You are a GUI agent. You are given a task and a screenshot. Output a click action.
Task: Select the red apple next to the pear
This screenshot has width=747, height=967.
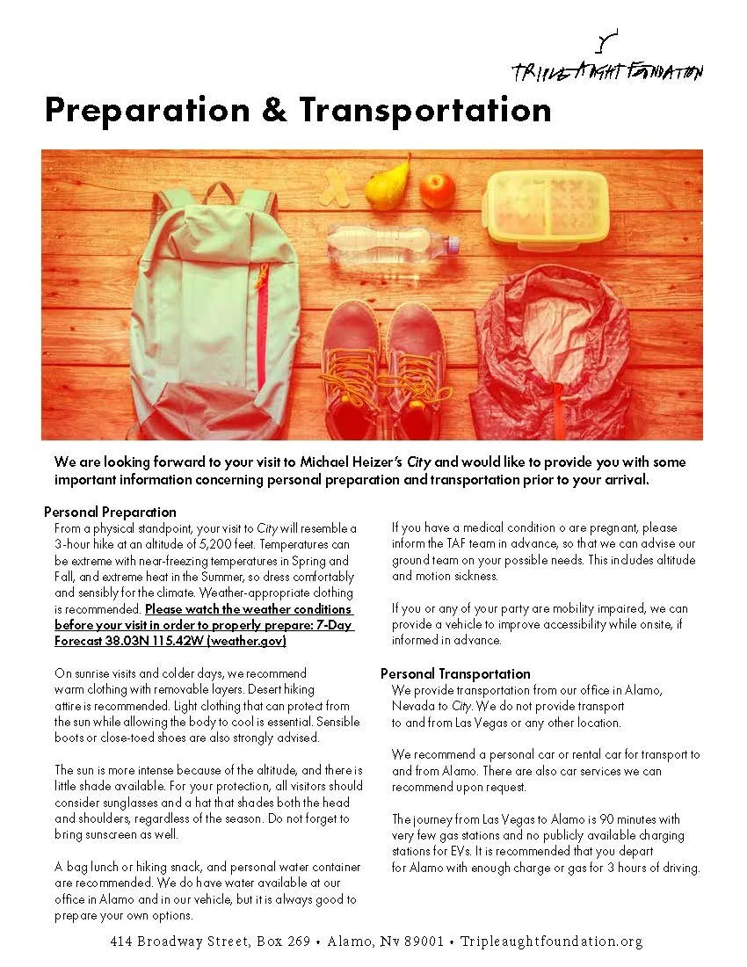(x=437, y=190)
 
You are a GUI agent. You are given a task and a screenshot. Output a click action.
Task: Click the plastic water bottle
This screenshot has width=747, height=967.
(x=391, y=242)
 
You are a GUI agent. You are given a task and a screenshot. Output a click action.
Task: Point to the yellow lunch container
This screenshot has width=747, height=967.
(x=548, y=206)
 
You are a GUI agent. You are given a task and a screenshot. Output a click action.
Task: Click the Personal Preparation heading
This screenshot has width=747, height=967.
(x=110, y=512)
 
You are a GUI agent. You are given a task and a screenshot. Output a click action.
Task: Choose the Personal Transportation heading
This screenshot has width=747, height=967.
(x=455, y=673)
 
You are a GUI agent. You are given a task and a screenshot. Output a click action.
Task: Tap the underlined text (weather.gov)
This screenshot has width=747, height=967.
(x=247, y=642)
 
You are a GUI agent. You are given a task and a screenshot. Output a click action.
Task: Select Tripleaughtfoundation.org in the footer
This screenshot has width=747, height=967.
(x=551, y=942)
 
